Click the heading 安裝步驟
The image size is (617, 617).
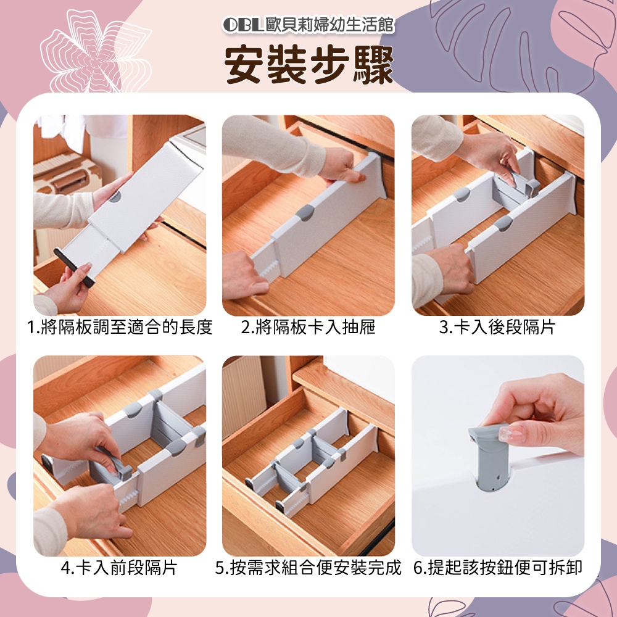(x=309, y=64)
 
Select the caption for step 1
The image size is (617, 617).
(x=120, y=327)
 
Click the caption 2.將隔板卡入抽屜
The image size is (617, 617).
(x=308, y=327)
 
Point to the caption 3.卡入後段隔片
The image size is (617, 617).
(x=497, y=327)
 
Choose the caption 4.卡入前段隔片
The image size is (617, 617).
(x=120, y=568)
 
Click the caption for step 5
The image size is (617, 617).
(x=308, y=568)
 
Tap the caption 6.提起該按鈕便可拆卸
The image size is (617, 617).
(x=498, y=568)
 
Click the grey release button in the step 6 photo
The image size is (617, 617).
(x=489, y=457)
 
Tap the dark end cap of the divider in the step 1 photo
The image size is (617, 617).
(x=74, y=267)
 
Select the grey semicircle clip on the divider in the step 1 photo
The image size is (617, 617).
(x=115, y=196)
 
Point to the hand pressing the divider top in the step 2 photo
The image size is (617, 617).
(x=342, y=166)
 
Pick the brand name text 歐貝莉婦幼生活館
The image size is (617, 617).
(x=329, y=25)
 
